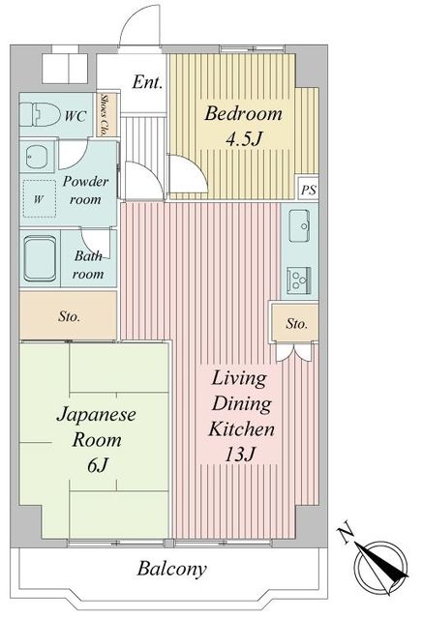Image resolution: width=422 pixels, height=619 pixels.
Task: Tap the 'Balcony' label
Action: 170,569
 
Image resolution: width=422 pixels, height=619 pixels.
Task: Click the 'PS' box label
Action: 308,190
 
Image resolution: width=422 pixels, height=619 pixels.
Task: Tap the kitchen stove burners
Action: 296,280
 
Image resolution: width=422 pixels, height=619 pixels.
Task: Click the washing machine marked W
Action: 40,199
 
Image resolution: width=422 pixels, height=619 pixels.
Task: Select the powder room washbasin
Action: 39,158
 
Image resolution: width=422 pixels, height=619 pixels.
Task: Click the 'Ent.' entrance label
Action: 146,83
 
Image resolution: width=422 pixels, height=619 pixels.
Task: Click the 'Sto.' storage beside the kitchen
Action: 295,324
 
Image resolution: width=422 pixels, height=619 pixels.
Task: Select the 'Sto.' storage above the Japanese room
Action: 69,316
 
